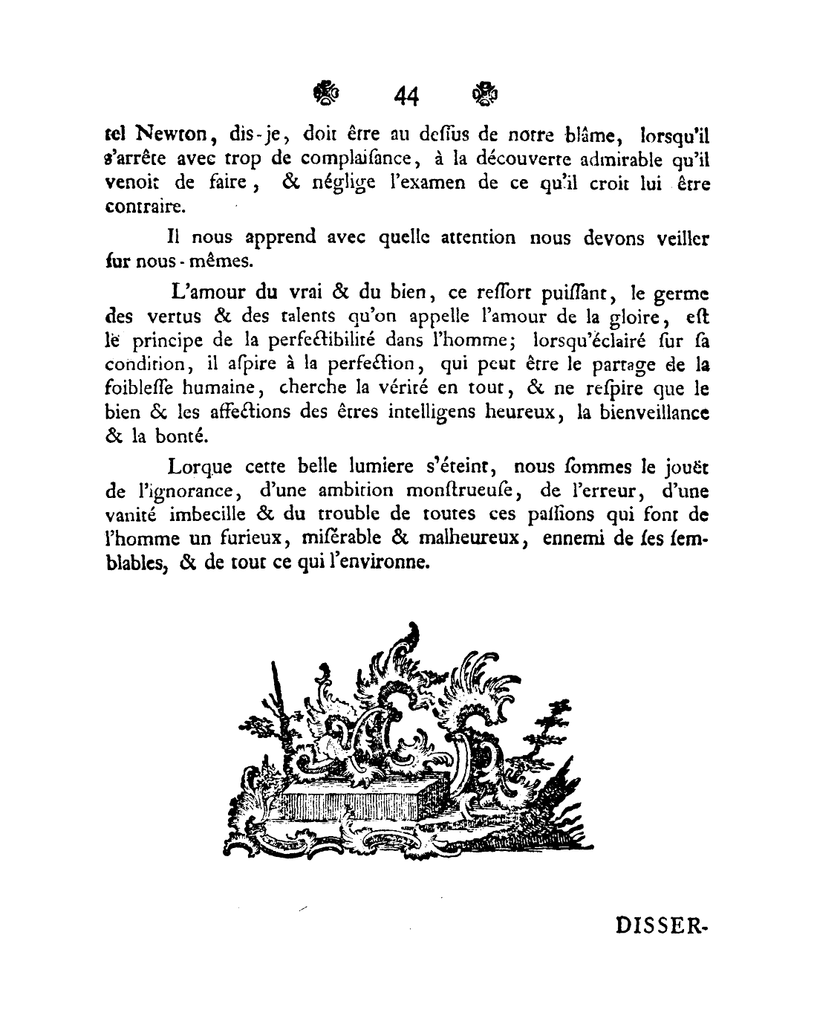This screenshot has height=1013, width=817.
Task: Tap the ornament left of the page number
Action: coord(326,94)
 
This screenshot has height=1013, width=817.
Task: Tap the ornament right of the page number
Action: coord(485,94)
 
